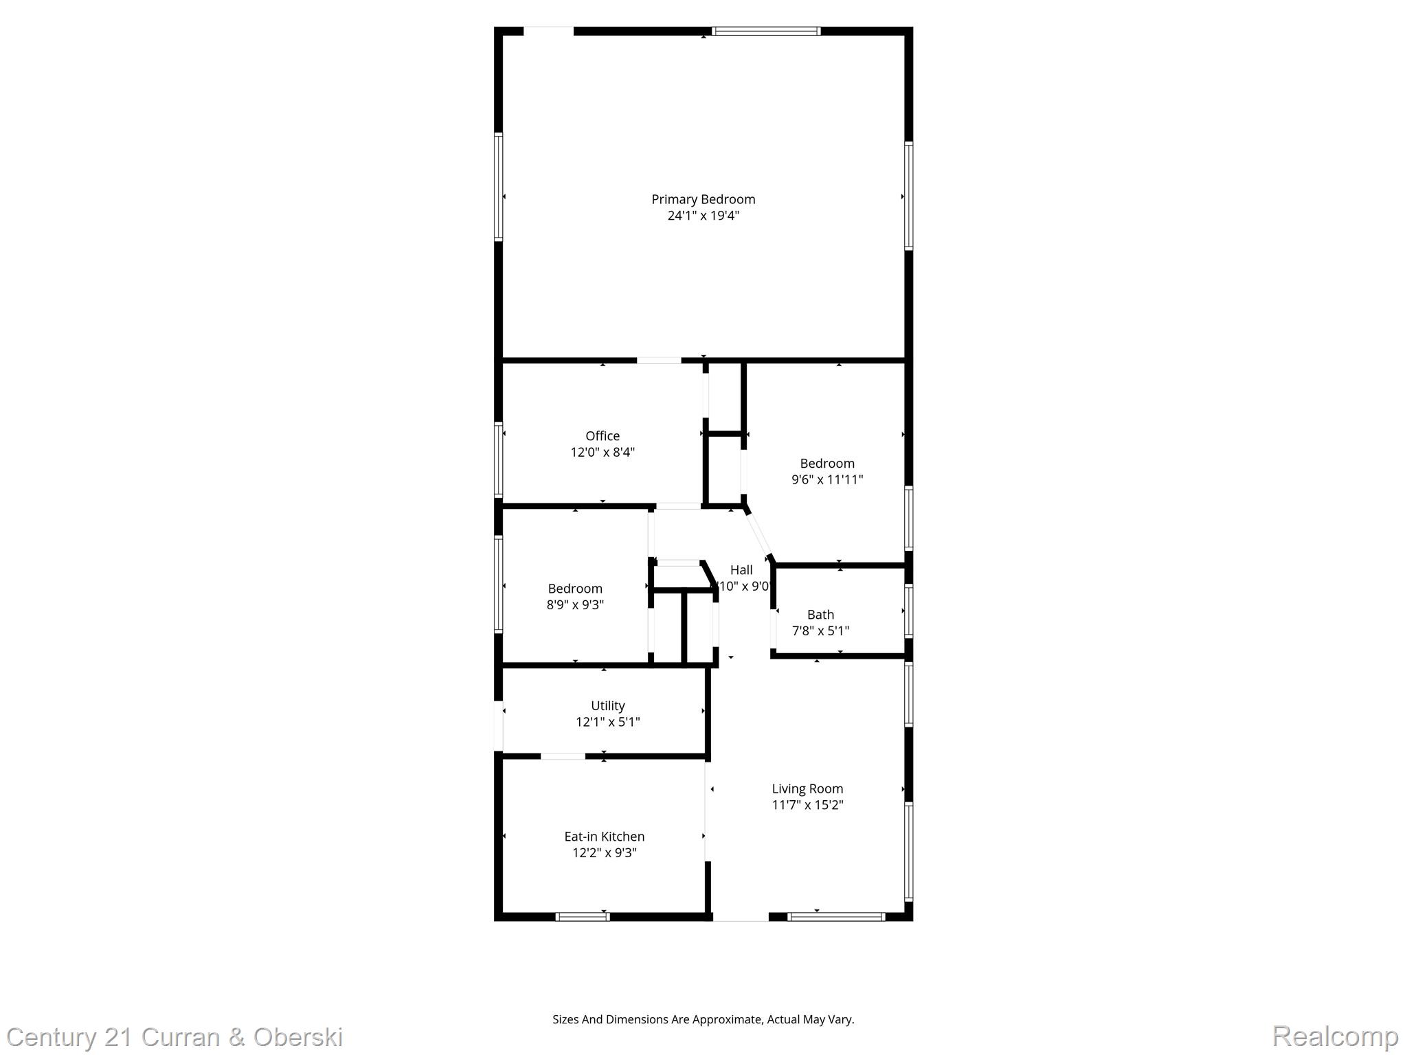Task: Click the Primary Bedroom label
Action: [703, 199]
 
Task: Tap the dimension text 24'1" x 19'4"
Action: [703, 216]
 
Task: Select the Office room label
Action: [603, 436]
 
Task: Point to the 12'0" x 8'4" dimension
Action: [603, 452]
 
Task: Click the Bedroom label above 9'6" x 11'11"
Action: [827, 464]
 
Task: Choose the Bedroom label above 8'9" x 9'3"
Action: [575, 589]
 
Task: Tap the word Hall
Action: [741, 570]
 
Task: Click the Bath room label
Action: [820, 615]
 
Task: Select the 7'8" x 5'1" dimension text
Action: [820, 631]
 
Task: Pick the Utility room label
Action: [608, 706]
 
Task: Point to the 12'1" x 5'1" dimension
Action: [608, 722]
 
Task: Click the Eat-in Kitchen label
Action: [605, 837]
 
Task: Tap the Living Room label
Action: [807, 789]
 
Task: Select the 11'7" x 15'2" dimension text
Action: [807, 805]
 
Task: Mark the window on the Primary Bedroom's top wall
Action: [766, 31]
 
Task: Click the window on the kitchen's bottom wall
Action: [582, 916]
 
